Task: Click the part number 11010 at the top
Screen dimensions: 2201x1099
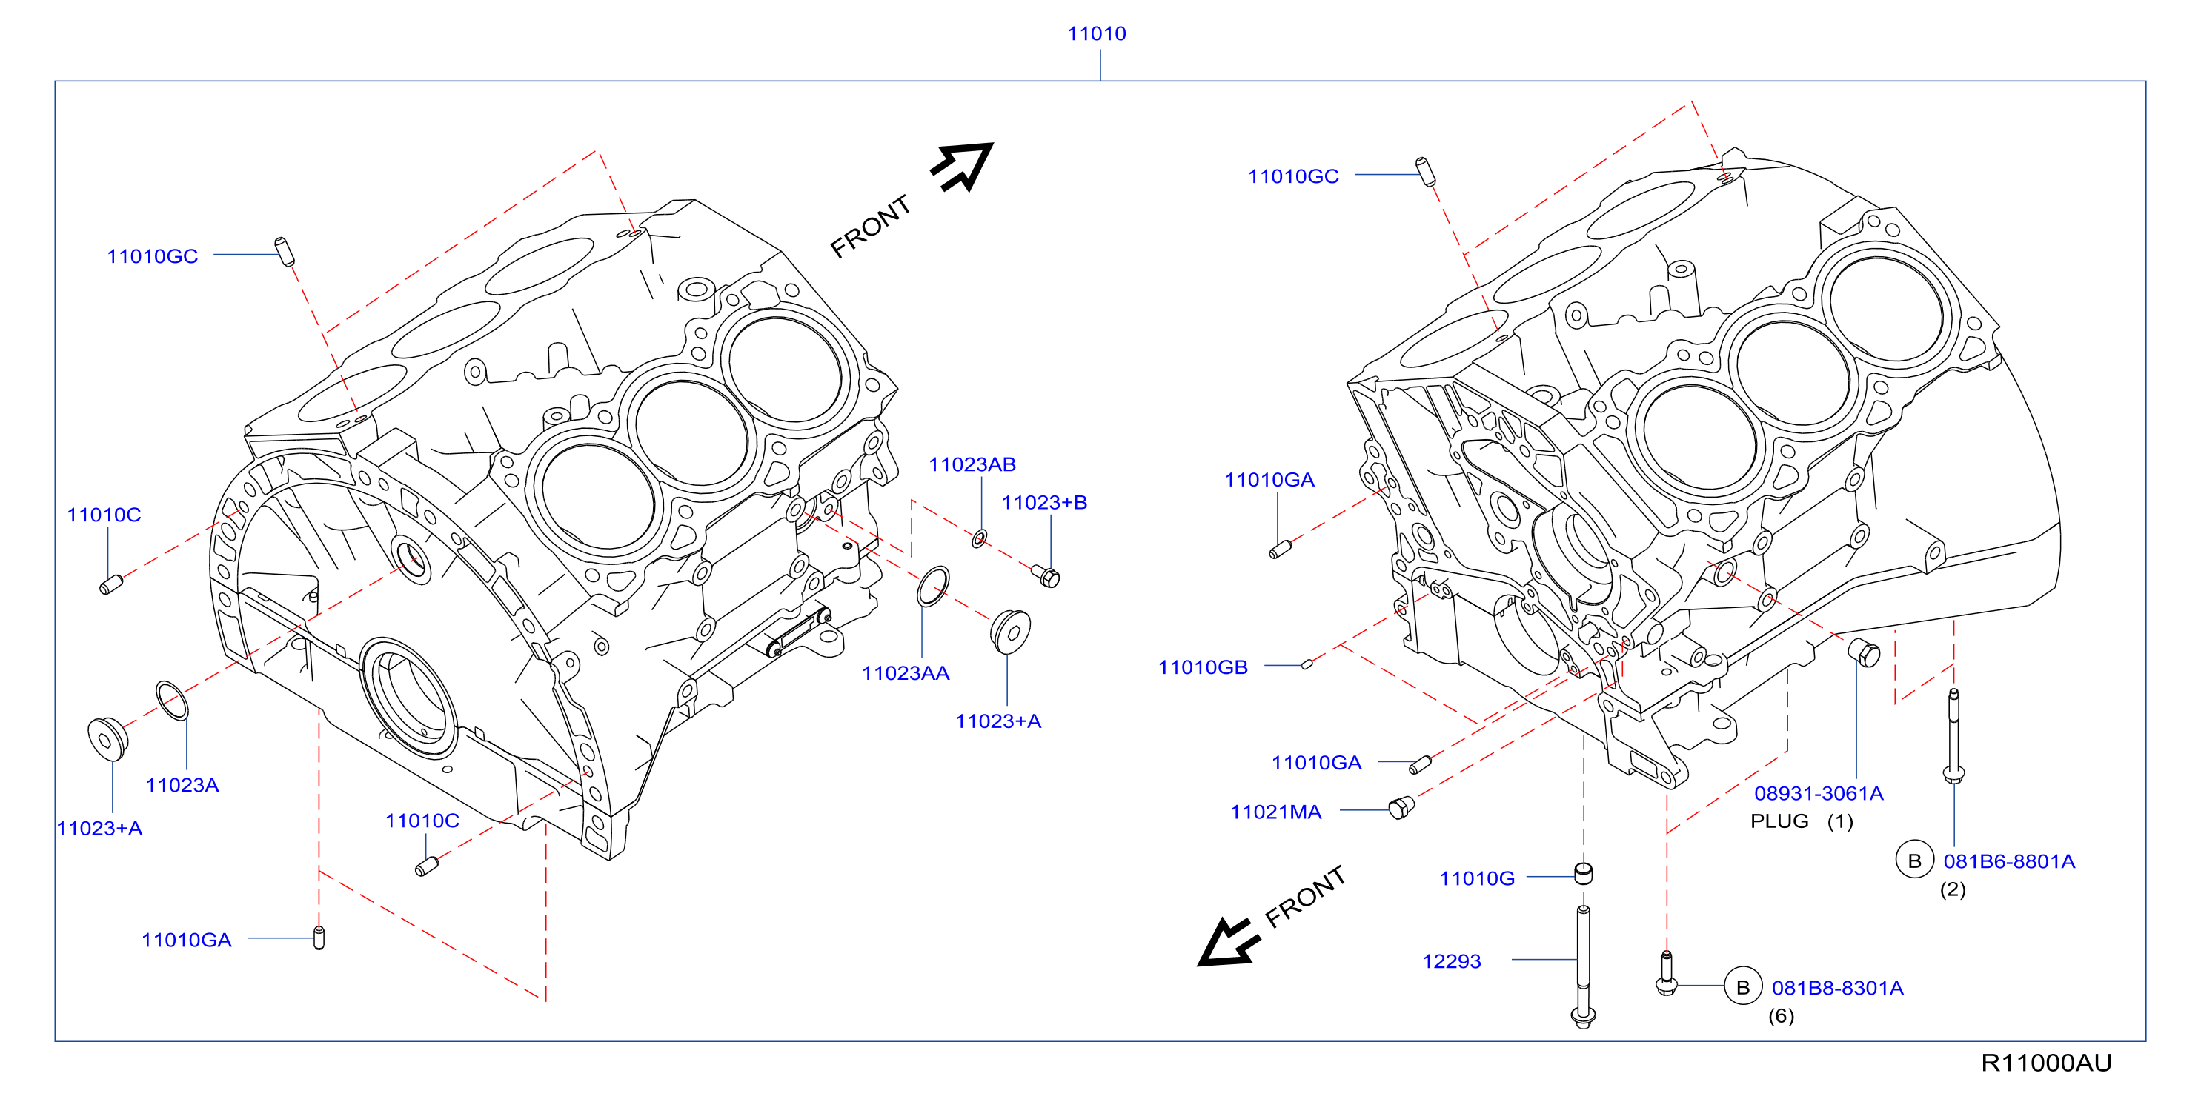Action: click(1096, 33)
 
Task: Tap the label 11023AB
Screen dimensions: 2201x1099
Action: click(972, 464)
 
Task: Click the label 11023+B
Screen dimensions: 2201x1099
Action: click(1043, 502)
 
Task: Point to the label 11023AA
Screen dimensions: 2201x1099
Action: click(905, 673)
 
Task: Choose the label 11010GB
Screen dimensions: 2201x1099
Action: click(1202, 667)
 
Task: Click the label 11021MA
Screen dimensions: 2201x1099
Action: click(1275, 812)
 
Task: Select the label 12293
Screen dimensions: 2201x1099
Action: click(1451, 961)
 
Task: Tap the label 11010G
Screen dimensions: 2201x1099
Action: click(1476, 879)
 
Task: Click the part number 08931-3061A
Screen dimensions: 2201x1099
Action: click(1818, 793)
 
